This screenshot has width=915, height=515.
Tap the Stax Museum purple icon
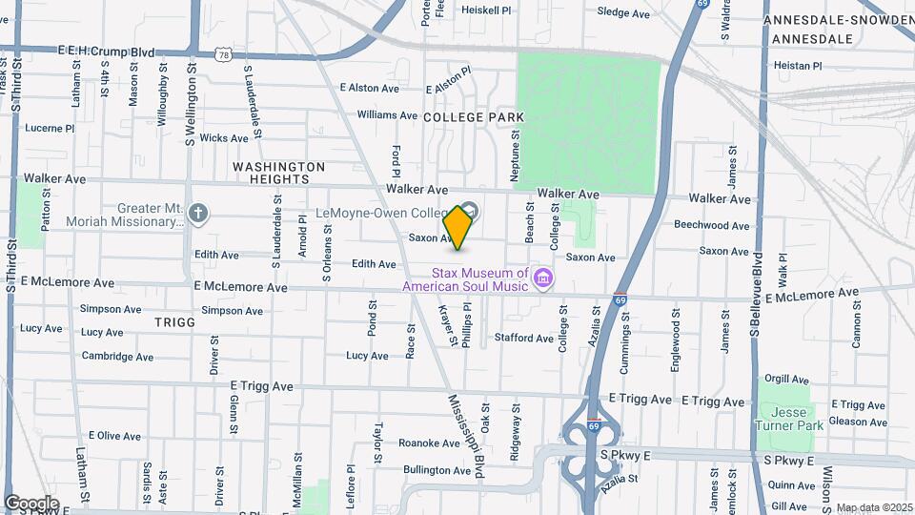(x=544, y=278)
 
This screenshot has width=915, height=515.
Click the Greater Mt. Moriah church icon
(x=198, y=212)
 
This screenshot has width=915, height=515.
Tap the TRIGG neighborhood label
(x=174, y=322)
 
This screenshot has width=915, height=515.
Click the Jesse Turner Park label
(x=792, y=419)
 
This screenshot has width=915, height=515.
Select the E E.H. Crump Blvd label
(x=106, y=51)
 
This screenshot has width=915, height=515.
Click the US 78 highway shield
(x=223, y=55)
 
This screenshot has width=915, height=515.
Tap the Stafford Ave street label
(x=523, y=338)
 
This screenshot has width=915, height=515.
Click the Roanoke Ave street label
(x=429, y=443)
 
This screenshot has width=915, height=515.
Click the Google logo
(x=30, y=504)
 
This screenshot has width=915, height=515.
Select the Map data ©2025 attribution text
(x=873, y=507)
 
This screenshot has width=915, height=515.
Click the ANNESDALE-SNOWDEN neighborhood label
(x=839, y=20)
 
